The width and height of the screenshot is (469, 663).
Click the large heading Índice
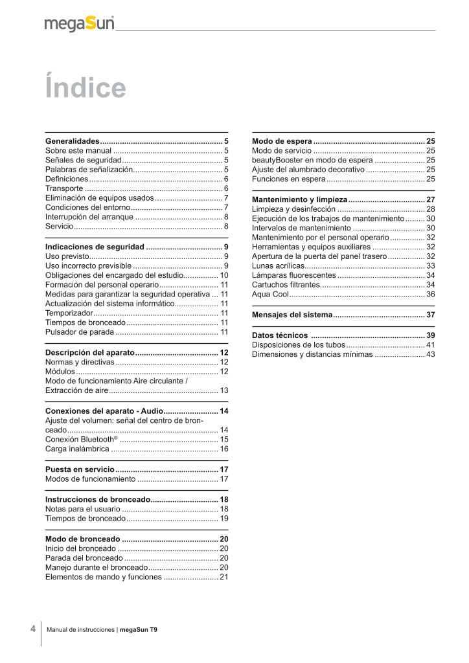pyautogui.click(x=85, y=88)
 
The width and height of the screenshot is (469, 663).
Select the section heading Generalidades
pyautogui.click(x=72, y=140)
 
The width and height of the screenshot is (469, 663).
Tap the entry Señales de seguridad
pyautogui.click(x=84, y=159)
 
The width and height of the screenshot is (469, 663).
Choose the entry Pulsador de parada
pyautogui.click(x=80, y=332)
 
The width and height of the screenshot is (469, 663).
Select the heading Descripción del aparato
pyautogui.click(x=90, y=352)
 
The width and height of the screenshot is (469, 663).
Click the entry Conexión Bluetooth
pyautogui.click(x=81, y=440)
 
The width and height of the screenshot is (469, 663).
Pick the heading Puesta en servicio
pyautogui.click(x=80, y=469)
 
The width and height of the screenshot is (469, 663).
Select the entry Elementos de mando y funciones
pyautogui.click(x=103, y=577)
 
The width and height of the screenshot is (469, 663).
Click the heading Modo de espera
pyautogui.click(x=282, y=140)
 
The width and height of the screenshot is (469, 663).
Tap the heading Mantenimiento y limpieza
pyautogui.click(x=300, y=199)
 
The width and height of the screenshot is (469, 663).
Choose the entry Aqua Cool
pyautogui.click(x=270, y=294)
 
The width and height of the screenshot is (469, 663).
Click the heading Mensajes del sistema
pyautogui.click(x=292, y=315)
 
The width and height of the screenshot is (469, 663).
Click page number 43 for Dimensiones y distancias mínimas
pyautogui.click(x=431, y=354)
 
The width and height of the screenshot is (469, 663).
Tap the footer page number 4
pyautogui.click(x=32, y=628)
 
